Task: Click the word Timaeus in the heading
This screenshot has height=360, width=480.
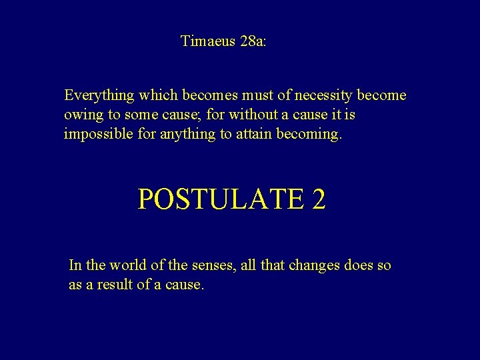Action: point(207,41)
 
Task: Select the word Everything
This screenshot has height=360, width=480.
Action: point(99,95)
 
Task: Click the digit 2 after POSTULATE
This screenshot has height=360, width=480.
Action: point(318,199)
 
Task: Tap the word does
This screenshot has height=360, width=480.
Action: point(359,265)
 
